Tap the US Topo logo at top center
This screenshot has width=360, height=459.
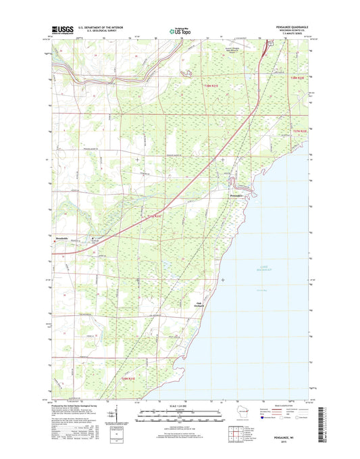pyautogui.click(x=180, y=30)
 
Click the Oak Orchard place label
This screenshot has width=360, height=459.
pyautogui.click(x=199, y=304)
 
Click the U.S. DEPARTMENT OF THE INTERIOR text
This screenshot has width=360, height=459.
pyautogui.click(x=102, y=27)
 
